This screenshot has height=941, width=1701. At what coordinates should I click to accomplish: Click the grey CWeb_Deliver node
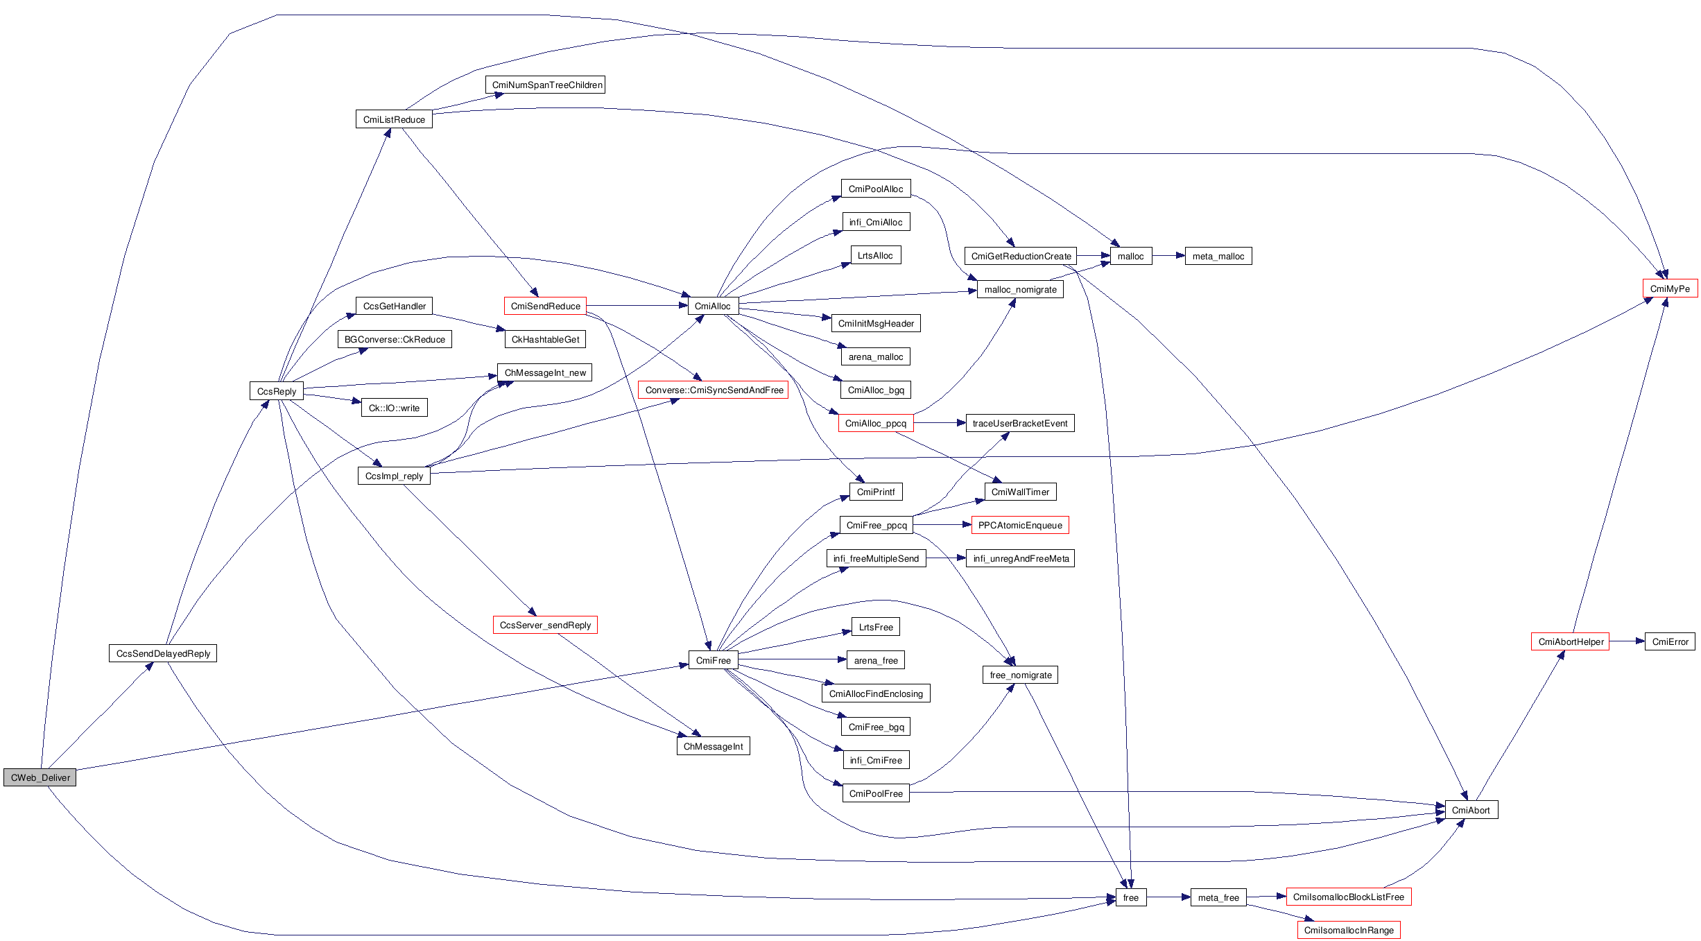coord(40,777)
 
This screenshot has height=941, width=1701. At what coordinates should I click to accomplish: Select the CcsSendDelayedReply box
coord(163,653)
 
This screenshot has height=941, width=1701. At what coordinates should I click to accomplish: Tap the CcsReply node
coord(276,391)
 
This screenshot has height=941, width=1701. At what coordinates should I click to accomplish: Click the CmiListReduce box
coord(394,119)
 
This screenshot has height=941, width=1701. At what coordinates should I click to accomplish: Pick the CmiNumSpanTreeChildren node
coord(546,85)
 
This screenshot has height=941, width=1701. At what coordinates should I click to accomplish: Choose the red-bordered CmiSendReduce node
coord(545,306)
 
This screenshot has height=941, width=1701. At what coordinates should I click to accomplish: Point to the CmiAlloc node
coord(713,306)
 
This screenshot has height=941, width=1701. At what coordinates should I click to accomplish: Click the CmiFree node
coord(713,660)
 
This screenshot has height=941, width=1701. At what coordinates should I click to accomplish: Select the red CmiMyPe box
coord(1670,288)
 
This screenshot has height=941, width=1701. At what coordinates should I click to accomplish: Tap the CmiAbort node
coord(1471,810)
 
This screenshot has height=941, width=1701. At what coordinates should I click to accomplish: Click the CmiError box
coord(1670,641)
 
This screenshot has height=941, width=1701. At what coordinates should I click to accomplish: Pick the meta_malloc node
coord(1218,256)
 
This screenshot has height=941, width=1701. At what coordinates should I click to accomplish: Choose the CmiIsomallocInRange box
coord(1349,930)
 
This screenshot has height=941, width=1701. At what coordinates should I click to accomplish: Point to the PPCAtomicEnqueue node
coord(1020,525)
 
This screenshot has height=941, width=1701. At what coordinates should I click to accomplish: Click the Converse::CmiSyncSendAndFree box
coord(714,390)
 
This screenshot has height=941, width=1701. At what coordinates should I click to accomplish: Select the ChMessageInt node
coord(713,746)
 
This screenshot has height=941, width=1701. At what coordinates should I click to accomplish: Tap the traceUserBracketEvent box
coord(1020,423)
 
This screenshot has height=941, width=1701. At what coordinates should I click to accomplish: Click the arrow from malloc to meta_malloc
coord(1168,256)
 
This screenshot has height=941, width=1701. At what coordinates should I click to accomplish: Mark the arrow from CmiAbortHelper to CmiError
coord(1627,641)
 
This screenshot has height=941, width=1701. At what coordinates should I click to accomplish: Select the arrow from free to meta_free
coord(1168,897)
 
